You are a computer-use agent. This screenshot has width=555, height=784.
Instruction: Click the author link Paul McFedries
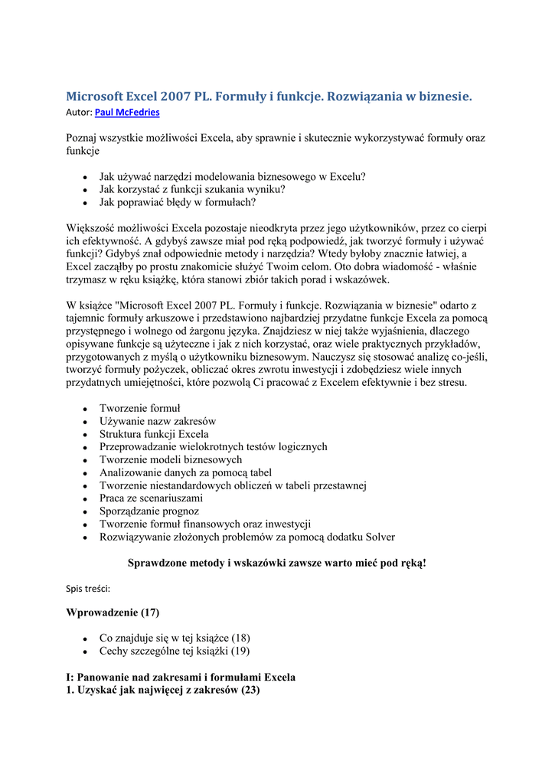click(127, 113)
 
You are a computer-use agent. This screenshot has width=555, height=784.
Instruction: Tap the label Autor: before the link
click(79, 113)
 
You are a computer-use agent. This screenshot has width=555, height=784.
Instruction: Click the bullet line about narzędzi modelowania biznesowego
click(232, 176)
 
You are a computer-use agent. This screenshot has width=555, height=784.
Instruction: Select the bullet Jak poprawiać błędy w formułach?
click(177, 203)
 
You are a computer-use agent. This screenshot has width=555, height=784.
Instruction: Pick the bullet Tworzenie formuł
click(140, 408)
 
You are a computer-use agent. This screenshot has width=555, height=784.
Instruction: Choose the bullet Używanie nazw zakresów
click(158, 421)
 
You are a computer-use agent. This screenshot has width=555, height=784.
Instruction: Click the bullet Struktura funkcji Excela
click(154, 434)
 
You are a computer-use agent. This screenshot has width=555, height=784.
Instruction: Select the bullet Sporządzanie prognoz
click(149, 511)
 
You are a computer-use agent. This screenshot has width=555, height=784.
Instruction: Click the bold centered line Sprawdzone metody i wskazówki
click(276, 563)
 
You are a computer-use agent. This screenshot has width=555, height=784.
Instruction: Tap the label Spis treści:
click(88, 589)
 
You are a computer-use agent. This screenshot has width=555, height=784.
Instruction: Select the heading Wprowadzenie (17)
click(113, 612)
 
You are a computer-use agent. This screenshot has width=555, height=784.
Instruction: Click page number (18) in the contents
click(240, 638)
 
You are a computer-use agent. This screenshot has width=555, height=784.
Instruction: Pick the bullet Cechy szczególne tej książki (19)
click(175, 651)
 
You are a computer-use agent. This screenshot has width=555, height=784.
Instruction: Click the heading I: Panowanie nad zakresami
click(181, 677)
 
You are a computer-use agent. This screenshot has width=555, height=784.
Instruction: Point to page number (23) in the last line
click(250, 690)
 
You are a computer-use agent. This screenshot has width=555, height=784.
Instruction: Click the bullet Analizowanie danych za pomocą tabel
click(185, 472)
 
